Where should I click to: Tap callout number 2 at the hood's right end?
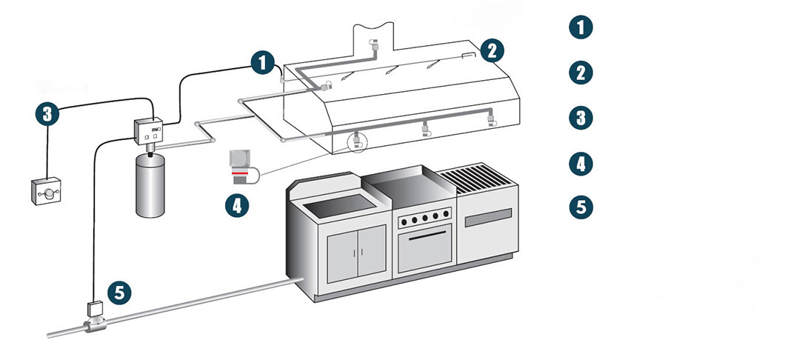(x=492, y=50)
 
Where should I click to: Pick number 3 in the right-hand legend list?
(x=581, y=117)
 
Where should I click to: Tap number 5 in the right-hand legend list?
(x=581, y=206)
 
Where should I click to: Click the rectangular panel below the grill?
(x=487, y=219)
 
